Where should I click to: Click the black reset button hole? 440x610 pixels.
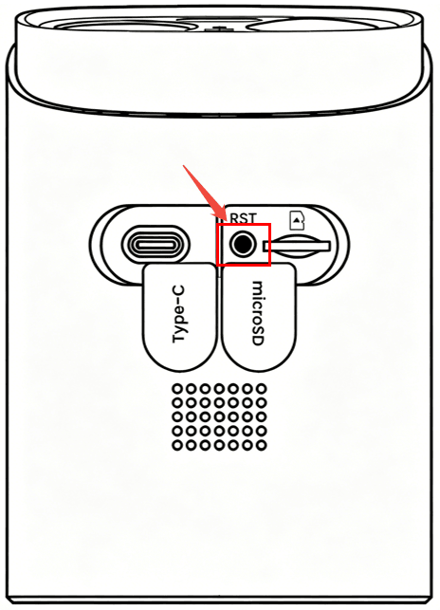243,245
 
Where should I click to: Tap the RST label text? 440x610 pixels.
243,218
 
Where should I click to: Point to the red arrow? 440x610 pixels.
202,191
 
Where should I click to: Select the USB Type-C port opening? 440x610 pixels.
156,245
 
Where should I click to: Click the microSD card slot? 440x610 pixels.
297,246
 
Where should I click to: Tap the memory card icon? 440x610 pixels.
297,220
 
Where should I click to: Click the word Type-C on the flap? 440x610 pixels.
178,314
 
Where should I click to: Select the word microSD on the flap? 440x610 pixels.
258,313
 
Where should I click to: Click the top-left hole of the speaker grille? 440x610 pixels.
177,388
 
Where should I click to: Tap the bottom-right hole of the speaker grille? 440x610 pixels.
262,445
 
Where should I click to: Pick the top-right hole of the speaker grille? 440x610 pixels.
262,388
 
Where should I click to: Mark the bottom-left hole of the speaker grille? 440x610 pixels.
177,445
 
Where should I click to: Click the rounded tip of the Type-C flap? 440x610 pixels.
179,370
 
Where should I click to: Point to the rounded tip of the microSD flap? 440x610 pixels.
258,371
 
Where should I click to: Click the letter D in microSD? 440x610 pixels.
258,341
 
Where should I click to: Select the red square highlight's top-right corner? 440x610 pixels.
270,224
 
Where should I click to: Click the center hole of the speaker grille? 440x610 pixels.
219,416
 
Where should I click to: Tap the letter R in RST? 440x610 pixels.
234,218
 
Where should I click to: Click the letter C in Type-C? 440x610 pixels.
178,290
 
